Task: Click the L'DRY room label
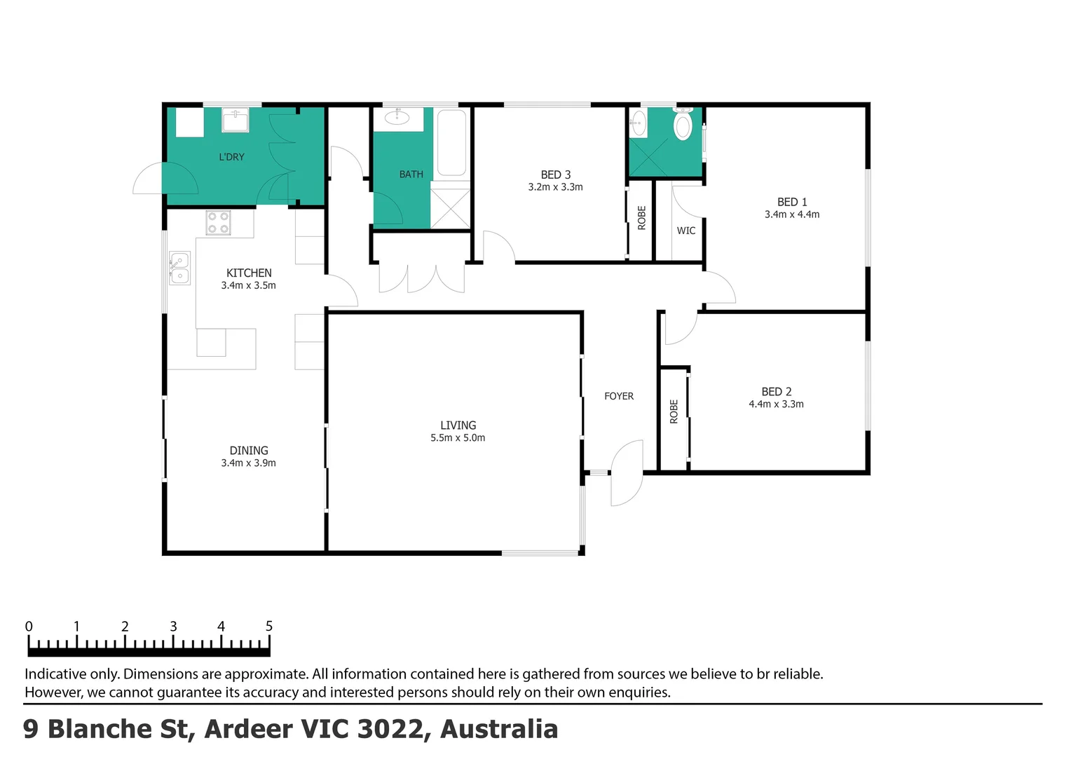231,157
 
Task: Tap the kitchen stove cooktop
219,223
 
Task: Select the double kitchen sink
179,268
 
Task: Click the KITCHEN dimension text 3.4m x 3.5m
248,285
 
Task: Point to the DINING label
249,451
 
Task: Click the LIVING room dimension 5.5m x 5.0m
458,437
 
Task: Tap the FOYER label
619,396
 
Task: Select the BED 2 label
776,392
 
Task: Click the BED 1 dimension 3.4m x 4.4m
791,214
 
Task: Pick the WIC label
686,231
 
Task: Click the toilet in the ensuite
683,125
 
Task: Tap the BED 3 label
556,175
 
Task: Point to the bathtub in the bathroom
451,142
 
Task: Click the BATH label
411,174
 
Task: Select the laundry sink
236,120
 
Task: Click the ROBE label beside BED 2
674,411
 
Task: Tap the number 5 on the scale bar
269,626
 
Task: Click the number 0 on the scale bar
29,626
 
